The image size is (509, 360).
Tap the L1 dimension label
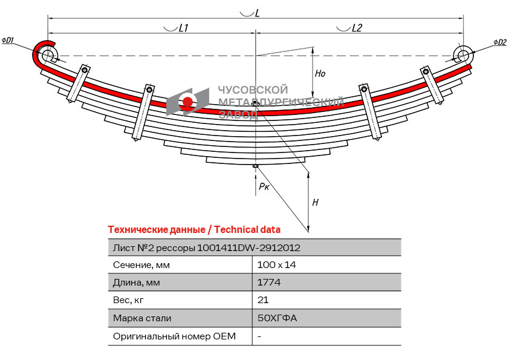pos(184,28)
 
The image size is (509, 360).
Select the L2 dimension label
pos(357,28)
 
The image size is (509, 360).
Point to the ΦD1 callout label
pos(8,41)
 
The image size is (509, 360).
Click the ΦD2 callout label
pos(499,42)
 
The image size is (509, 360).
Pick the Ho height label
pos(320,74)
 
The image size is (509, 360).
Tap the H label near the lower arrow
pos(315,203)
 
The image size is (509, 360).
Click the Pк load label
pos(264,187)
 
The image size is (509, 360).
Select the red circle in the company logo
pos(187,102)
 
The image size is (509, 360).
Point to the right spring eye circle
pos(464,55)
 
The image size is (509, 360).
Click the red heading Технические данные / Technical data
pos(194,229)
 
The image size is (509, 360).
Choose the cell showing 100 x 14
pos(277,265)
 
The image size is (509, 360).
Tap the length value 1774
pos(269,283)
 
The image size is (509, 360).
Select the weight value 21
pos(263,300)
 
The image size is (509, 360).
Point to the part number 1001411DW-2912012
pos(249,247)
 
